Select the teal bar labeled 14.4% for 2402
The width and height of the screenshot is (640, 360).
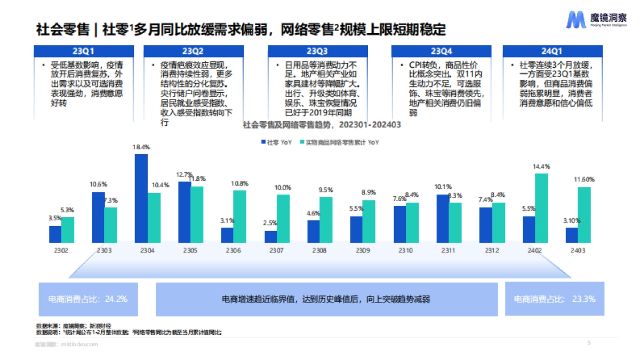click(x=541, y=208)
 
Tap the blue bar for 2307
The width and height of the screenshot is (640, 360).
click(x=271, y=237)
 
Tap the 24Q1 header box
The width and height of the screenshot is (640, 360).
click(x=551, y=52)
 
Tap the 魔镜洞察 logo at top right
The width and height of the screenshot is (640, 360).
click(x=585, y=20)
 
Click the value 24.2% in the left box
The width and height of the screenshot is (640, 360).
click(x=116, y=299)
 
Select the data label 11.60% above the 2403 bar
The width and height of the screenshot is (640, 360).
click(x=584, y=179)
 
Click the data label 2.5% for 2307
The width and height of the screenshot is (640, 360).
click(x=270, y=223)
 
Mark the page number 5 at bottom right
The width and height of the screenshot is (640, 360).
click(x=589, y=343)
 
